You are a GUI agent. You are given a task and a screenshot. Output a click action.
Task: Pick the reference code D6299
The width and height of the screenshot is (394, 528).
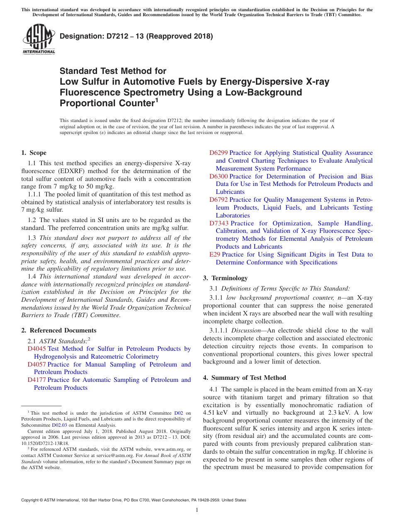click(218, 153)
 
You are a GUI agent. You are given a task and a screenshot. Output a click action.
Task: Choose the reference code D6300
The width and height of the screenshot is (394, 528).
click(218, 176)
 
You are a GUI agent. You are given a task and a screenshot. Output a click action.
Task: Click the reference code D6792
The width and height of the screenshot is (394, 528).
click(218, 200)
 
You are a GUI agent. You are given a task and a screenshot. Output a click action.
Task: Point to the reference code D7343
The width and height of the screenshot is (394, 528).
click(218, 223)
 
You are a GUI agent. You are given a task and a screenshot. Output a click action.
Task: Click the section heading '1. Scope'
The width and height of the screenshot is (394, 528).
click(34, 153)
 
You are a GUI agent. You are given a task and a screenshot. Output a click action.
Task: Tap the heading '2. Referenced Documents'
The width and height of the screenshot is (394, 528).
click(59, 330)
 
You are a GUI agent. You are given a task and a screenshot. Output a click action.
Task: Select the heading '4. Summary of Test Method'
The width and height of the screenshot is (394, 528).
click(244, 378)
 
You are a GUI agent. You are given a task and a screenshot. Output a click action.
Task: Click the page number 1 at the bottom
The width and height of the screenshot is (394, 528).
click(197, 510)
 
